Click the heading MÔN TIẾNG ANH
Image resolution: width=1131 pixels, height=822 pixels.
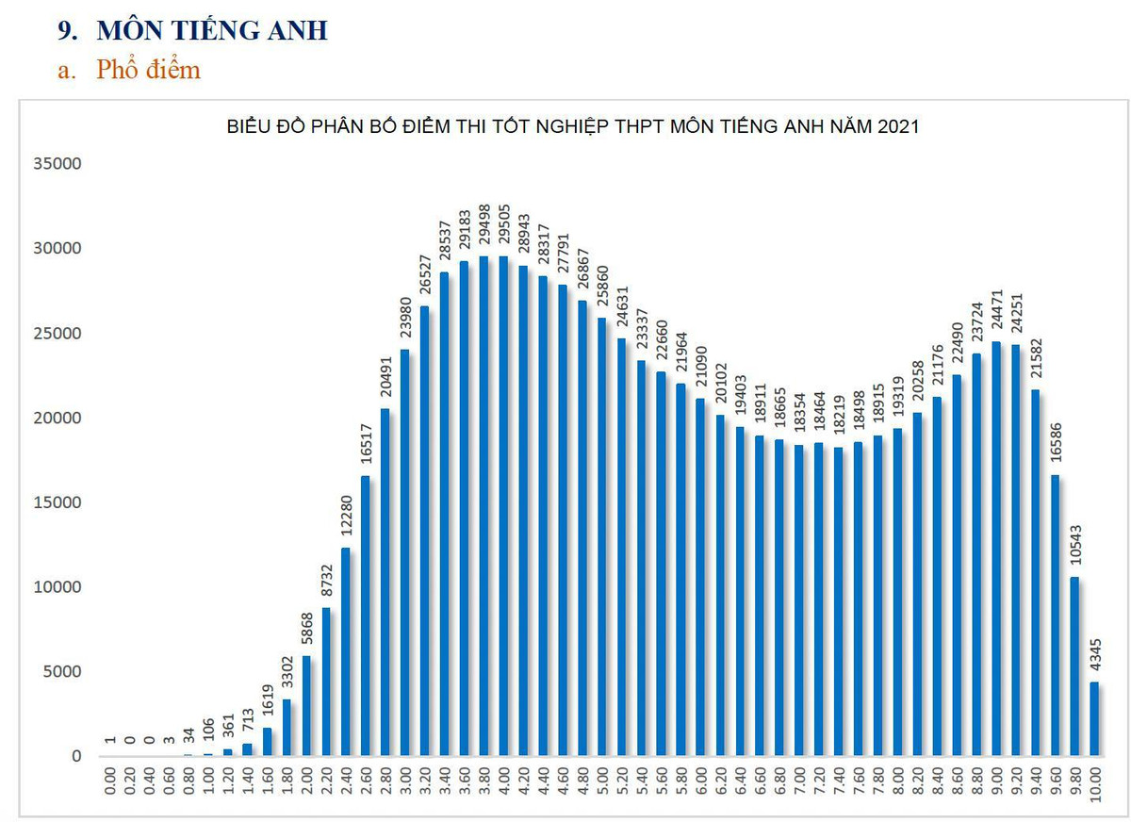212,30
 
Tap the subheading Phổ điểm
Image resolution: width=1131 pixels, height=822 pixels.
148,70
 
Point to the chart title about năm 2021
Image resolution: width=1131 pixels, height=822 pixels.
573,126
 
